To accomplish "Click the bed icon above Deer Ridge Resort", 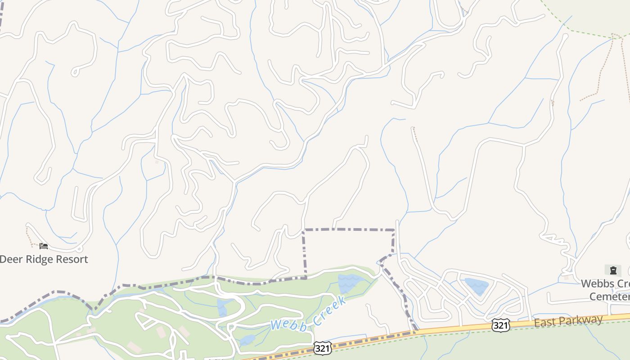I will (43, 246).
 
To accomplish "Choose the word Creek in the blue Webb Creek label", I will (330, 310).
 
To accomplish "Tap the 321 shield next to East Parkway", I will (500, 325).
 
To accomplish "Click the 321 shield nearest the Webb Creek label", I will (322, 347).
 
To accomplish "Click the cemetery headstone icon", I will (613, 270).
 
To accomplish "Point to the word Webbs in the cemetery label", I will (594, 284).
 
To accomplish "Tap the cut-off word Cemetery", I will (609, 297).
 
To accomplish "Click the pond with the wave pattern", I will (348, 283).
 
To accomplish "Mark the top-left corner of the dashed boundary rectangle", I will (304, 230).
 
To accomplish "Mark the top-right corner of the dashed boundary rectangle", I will (394, 230).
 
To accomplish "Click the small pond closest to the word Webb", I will (247, 339).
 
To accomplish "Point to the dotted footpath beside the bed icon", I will (29, 236).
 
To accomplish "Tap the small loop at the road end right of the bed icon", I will (79, 248).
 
